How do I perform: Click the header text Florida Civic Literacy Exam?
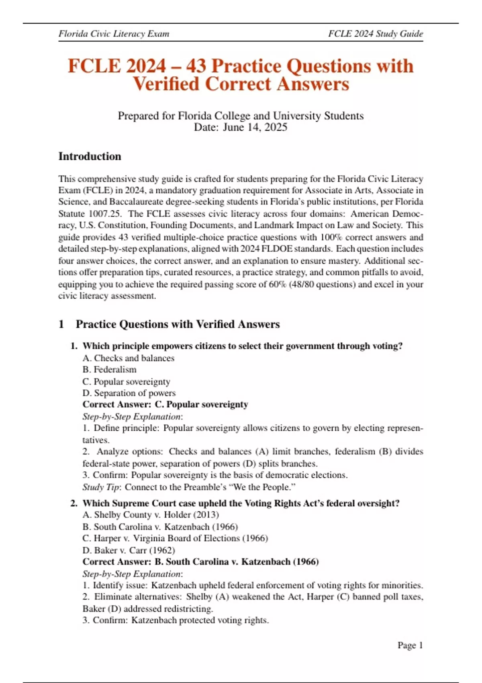tap(114, 34)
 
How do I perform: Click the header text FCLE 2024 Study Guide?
tap(375, 34)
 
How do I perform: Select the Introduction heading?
tap(90, 156)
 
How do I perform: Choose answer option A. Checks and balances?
tap(128, 358)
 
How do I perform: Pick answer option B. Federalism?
tap(109, 370)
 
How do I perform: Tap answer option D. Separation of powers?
tap(129, 393)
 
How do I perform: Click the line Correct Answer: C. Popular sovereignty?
tap(165, 405)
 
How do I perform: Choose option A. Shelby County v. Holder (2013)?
tap(151, 515)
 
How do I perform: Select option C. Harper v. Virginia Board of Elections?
tap(175, 538)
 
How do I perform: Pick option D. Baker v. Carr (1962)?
tap(129, 550)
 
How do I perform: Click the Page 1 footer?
tap(410, 645)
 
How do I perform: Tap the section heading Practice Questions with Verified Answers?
tap(178, 324)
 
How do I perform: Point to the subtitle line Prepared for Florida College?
tap(241, 116)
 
